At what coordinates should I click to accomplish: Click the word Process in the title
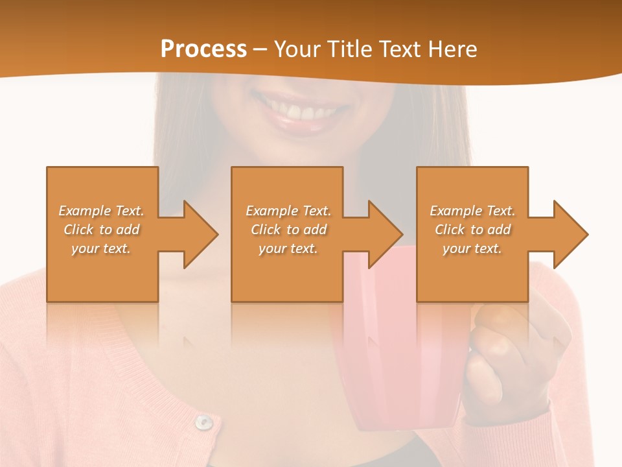203,49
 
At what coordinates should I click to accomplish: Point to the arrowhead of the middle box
385,234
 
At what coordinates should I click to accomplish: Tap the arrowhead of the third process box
570,234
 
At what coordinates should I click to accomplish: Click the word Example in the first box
84,211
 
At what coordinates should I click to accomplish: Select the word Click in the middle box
266,230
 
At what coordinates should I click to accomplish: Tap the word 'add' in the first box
128,230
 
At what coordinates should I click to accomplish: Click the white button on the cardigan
204,422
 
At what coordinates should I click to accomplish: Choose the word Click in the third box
450,230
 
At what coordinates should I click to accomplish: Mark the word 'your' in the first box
86,248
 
